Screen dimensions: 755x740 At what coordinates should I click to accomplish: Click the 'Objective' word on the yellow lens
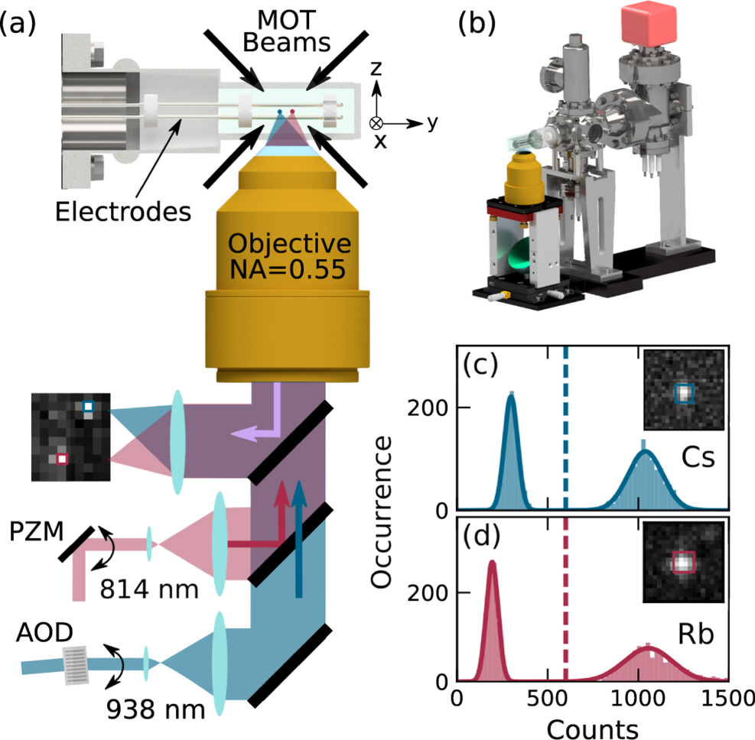[289, 243]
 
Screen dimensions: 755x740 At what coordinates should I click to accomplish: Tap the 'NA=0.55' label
[288, 269]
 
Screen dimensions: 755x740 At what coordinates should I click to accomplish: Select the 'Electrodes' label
[123, 212]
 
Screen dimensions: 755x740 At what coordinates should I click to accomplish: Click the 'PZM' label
[37, 532]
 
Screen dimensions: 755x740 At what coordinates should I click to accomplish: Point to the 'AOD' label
[44, 633]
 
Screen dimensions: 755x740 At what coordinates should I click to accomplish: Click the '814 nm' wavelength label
[149, 589]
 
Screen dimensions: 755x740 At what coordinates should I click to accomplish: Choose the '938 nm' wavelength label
[155, 709]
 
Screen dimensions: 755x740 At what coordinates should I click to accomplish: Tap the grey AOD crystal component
[76, 666]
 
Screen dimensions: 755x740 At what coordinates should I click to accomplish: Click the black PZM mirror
[76, 544]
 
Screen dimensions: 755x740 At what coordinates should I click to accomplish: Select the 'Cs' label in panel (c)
[698, 457]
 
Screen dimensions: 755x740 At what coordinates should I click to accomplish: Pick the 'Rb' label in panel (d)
[696, 635]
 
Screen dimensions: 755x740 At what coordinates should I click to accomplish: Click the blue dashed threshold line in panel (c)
[566, 427]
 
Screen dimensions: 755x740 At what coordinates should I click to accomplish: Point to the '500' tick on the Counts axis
[548, 699]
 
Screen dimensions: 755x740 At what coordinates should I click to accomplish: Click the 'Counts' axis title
[592, 729]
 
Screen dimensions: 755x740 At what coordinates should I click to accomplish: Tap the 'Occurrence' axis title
[382, 512]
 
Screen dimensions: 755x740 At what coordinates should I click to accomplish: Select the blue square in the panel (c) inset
[684, 393]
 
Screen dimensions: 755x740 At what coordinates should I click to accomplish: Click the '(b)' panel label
[477, 23]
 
